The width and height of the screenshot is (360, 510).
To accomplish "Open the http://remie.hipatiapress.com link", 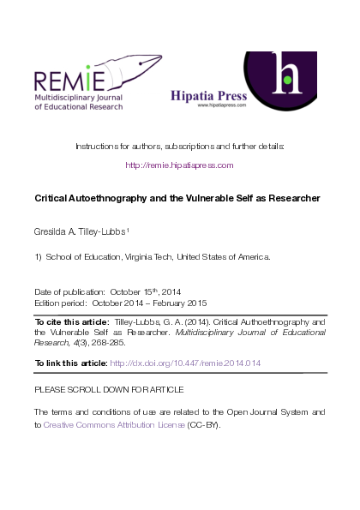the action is point(179,165).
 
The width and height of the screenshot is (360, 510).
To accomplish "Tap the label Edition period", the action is point(61,303).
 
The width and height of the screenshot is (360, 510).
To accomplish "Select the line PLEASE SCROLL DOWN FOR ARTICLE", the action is point(104,389).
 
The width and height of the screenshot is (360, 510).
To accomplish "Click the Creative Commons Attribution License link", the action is point(114,424).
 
